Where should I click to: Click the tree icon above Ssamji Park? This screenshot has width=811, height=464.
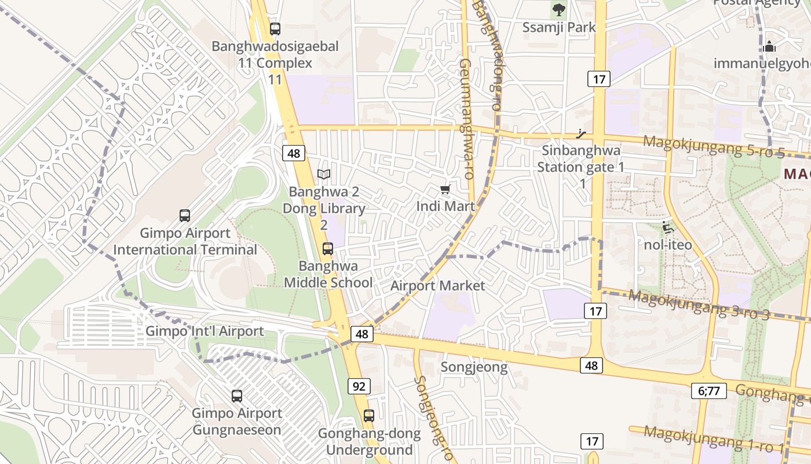(x=558, y=9)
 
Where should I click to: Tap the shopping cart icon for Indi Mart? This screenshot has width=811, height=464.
(x=445, y=190)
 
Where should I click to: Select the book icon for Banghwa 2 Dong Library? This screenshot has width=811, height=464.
(x=324, y=174)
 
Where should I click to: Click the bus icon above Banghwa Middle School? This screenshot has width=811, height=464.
(x=328, y=249)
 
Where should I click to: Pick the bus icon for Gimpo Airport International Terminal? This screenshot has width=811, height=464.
(x=185, y=216)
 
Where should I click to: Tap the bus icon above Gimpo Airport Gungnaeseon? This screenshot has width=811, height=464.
(x=237, y=396)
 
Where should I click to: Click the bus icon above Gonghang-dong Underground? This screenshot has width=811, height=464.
(x=369, y=416)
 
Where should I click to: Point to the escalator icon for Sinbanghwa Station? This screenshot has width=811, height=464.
(x=582, y=134)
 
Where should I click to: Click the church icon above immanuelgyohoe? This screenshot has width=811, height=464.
(x=769, y=46)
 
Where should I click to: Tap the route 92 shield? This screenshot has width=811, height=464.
(x=359, y=386)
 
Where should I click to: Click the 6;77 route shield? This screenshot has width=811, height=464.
(x=708, y=391)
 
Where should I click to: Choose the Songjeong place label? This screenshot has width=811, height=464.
(x=474, y=367)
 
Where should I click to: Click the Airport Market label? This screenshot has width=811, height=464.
(x=437, y=285)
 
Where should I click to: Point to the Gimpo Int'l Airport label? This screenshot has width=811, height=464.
(x=204, y=331)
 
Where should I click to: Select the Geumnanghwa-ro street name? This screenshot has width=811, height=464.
(x=466, y=119)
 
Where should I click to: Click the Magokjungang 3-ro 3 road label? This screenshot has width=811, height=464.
(x=699, y=304)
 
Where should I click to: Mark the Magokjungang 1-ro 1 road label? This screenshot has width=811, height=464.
(x=713, y=440)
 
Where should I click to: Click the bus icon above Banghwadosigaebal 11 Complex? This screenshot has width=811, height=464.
(x=275, y=28)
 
